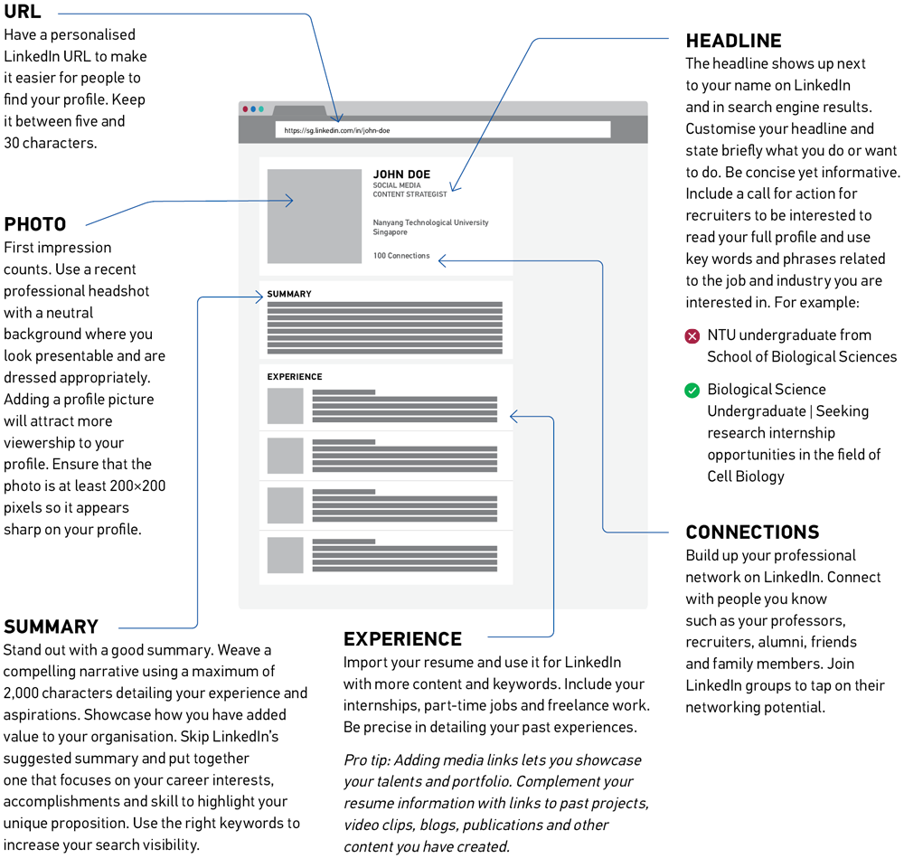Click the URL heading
click(x=23, y=12)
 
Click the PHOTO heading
click(x=35, y=224)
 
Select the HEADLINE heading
click(x=733, y=41)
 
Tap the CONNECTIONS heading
click(x=752, y=533)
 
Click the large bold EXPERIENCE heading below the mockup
click(x=402, y=639)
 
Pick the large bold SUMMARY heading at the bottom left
click(x=51, y=627)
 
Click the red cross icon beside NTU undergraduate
click(x=692, y=336)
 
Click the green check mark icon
click(x=692, y=391)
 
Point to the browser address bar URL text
click(x=336, y=130)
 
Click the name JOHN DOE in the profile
click(x=401, y=174)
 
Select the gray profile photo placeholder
click(x=315, y=216)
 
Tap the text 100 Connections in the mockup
click(x=401, y=256)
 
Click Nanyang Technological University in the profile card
click(x=430, y=222)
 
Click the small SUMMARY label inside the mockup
click(x=289, y=294)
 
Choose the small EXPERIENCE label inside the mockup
click(x=295, y=376)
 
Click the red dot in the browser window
click(x=246, y=109)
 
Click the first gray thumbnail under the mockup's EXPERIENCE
click(x=286, y=406)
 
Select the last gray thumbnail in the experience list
click(x=286, y=555)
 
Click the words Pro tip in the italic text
click(x=365, y=760)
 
